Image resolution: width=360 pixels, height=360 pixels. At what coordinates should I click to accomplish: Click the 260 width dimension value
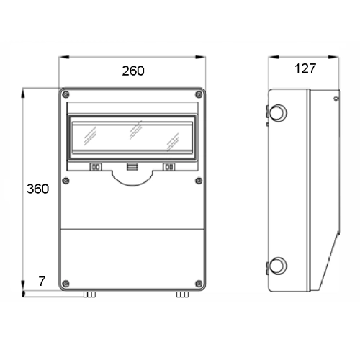[x=133, y=71]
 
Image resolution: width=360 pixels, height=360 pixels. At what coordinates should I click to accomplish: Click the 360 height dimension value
[x=37, y=189]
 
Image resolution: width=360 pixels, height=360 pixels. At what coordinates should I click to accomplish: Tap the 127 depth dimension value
[x=305, y=68]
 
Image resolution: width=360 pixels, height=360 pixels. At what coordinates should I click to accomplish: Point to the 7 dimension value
[x=42, y=281]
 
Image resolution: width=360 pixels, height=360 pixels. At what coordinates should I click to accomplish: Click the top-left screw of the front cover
[x=66, y=94]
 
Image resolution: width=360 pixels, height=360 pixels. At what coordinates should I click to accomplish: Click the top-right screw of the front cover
[x=199, y=94]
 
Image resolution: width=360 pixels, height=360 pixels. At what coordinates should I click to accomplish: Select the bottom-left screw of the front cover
[x=66, y=284]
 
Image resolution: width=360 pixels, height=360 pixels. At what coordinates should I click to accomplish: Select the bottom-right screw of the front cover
[x=199, y=284]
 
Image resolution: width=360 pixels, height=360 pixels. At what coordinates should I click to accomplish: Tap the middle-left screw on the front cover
[x=66, y=181]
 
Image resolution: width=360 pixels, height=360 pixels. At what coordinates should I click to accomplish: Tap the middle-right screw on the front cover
[x=199, y=181]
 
